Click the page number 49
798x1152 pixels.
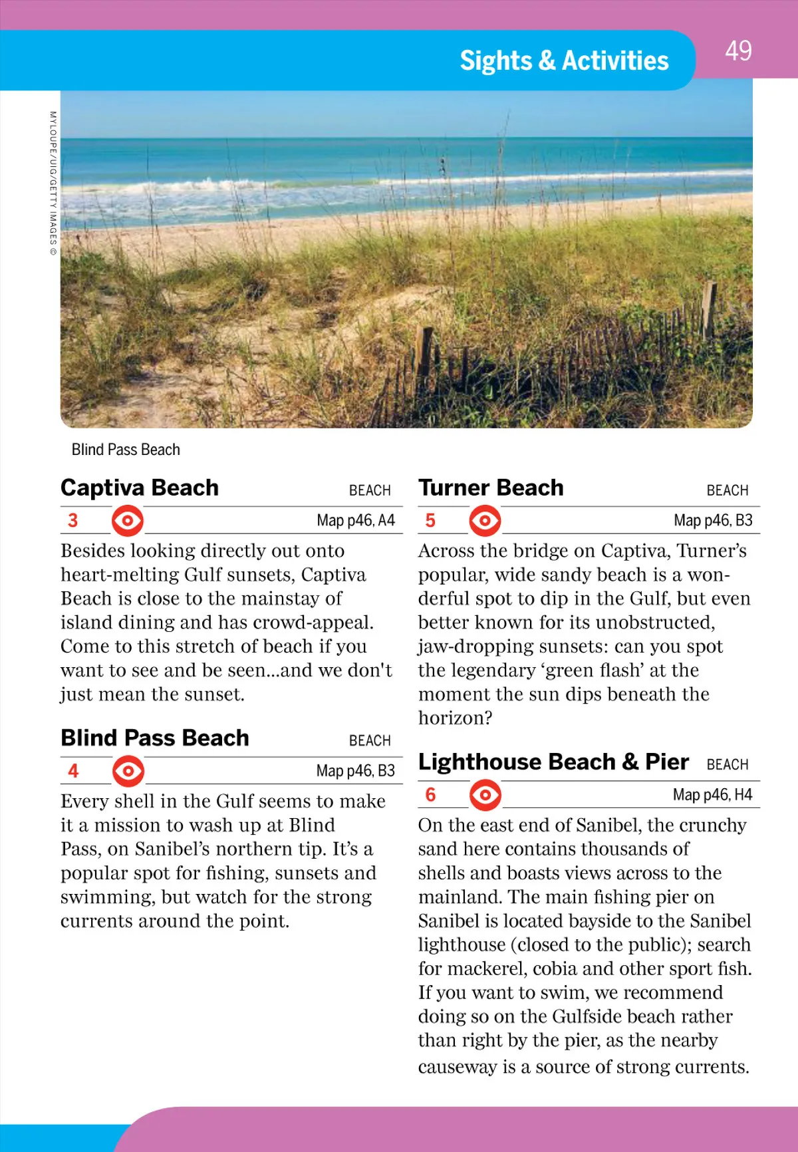[x=738, y=51]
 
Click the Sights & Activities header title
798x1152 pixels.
[x=564, y=61]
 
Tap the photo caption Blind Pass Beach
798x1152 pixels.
[x=126, y=450]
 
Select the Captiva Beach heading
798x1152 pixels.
[x=140, y=488]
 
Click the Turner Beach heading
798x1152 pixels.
[x=491, y=488]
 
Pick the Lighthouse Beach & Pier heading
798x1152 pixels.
[x=553, y=762]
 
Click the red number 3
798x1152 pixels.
[x=73, y=520]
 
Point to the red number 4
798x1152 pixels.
[x=73, y=770]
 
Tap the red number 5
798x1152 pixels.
[x=430, y=520]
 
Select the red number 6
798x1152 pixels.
[x=430, y=795]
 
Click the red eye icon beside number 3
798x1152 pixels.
[x=128, y=521]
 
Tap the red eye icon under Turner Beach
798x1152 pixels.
[x=485, y=521]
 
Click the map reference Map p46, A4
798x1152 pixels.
[x=356, y=520]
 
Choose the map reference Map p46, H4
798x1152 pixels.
[x=712, y=795]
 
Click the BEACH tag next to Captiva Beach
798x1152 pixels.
[x=370, y=491]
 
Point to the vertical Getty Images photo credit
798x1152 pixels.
[x=53, y=184]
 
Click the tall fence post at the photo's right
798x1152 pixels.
[x=710, y=309]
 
